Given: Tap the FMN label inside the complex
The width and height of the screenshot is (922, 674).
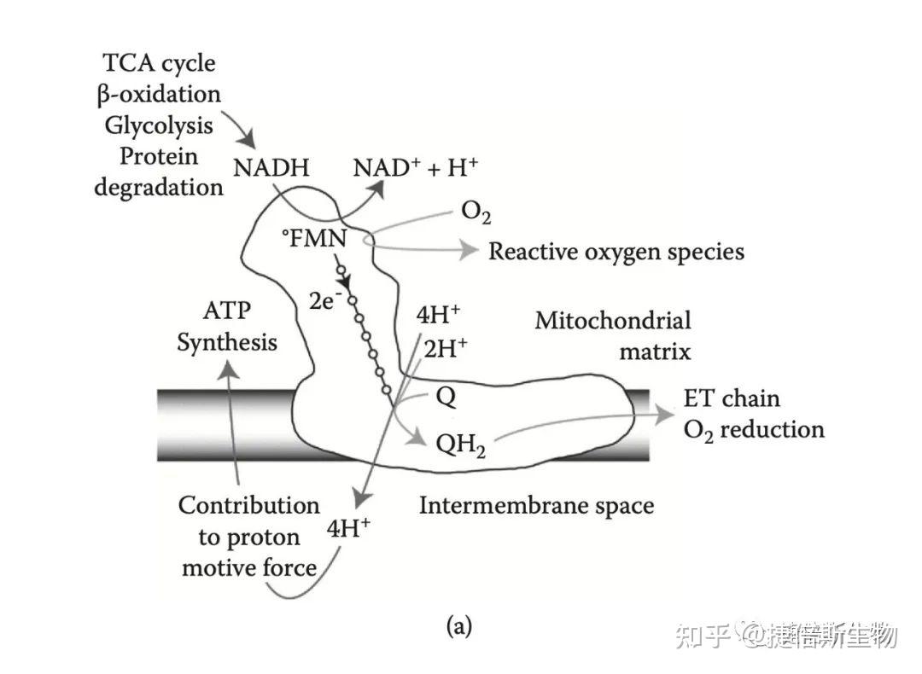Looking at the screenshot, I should pyautogui.click(x=315, y=239).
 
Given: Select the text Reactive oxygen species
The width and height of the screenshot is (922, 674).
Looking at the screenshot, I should pyautogui.click(x=616, y=252).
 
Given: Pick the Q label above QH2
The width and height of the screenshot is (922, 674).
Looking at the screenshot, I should pyautogui.click(x=445, y=398).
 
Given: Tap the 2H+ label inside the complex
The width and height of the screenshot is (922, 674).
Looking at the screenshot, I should pyautogui.click(x=446, y=348).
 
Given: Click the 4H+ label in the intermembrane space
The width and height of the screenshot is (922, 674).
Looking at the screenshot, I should pyautogui.click(x=348, y=529).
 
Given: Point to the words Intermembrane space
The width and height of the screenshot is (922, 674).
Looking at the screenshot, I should pyautogui.click(x=536, y=505).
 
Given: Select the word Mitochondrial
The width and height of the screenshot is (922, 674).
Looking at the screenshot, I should pyautogui.click(x=613, y=321).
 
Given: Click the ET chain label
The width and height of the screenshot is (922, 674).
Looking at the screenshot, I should pyautogui.click(x=732, y=398).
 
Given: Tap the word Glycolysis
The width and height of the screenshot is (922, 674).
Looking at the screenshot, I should pyautogui.click(x=159, y=125).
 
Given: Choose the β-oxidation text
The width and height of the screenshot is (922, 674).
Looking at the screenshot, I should pyautogui.click(x=159, y=94).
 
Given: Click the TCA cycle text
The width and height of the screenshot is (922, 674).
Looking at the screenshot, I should pyautogui.click(x=159, y=62).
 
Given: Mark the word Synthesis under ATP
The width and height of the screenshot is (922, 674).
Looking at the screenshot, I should pyautogui.click(x=227, y=342).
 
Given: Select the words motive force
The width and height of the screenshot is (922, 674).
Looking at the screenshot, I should pyautogui.click(x=249, y=567).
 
